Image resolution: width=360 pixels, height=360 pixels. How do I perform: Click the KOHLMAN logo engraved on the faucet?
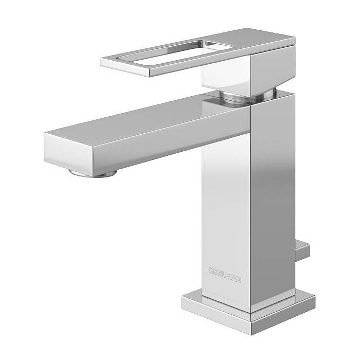tap(225, 275)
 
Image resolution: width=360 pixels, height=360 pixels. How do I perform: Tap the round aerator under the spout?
tap(92, 173)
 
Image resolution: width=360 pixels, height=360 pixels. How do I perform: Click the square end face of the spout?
tap(68, 151)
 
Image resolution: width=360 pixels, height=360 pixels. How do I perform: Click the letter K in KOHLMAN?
tap(212, 270)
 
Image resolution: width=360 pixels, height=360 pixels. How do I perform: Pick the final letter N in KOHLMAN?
tap(239, 279)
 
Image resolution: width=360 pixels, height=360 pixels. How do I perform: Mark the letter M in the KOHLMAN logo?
tap(230, 276)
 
